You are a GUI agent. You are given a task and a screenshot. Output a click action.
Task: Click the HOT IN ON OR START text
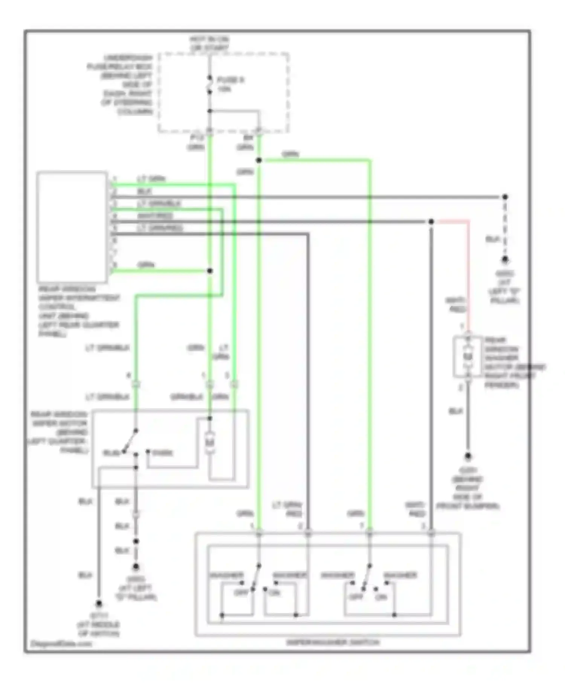pyautogui.click(x=209, y=43)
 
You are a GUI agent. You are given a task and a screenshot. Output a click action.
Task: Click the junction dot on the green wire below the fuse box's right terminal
pyautogui.click(x=259, y=160)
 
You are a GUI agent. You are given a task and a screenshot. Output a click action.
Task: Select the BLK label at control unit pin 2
pyautogui.click(x=145, y=191)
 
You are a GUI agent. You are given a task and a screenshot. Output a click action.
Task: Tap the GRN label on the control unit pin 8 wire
pyautogui.click(x=146, y=265)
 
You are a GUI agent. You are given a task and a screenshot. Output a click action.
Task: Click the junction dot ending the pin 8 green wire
pyautogui.click(x=210, y=271)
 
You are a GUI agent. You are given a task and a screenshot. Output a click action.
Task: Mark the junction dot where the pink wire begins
pyautogui.click(x=431, y=221)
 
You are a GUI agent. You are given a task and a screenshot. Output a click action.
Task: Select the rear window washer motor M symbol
pyautogui.click(x=467, y=356)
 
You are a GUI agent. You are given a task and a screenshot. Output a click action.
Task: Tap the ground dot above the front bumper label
pyautogui.click(x=468, y=456)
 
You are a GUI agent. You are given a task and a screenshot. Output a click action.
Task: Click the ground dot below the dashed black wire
pyautogui.click(x=505, y=260)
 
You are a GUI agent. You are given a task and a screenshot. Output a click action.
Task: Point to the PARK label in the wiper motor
pyautogui.click(x=163, y=453)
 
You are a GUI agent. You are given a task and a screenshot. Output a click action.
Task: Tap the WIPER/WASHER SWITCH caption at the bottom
pyautogui.click(x=333, y=642)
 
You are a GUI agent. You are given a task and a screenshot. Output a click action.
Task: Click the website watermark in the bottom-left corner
pyautogui.click(x=61, y=643)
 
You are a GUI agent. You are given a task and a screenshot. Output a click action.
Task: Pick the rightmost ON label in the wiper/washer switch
pyautogui.click(x=381, y=597)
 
